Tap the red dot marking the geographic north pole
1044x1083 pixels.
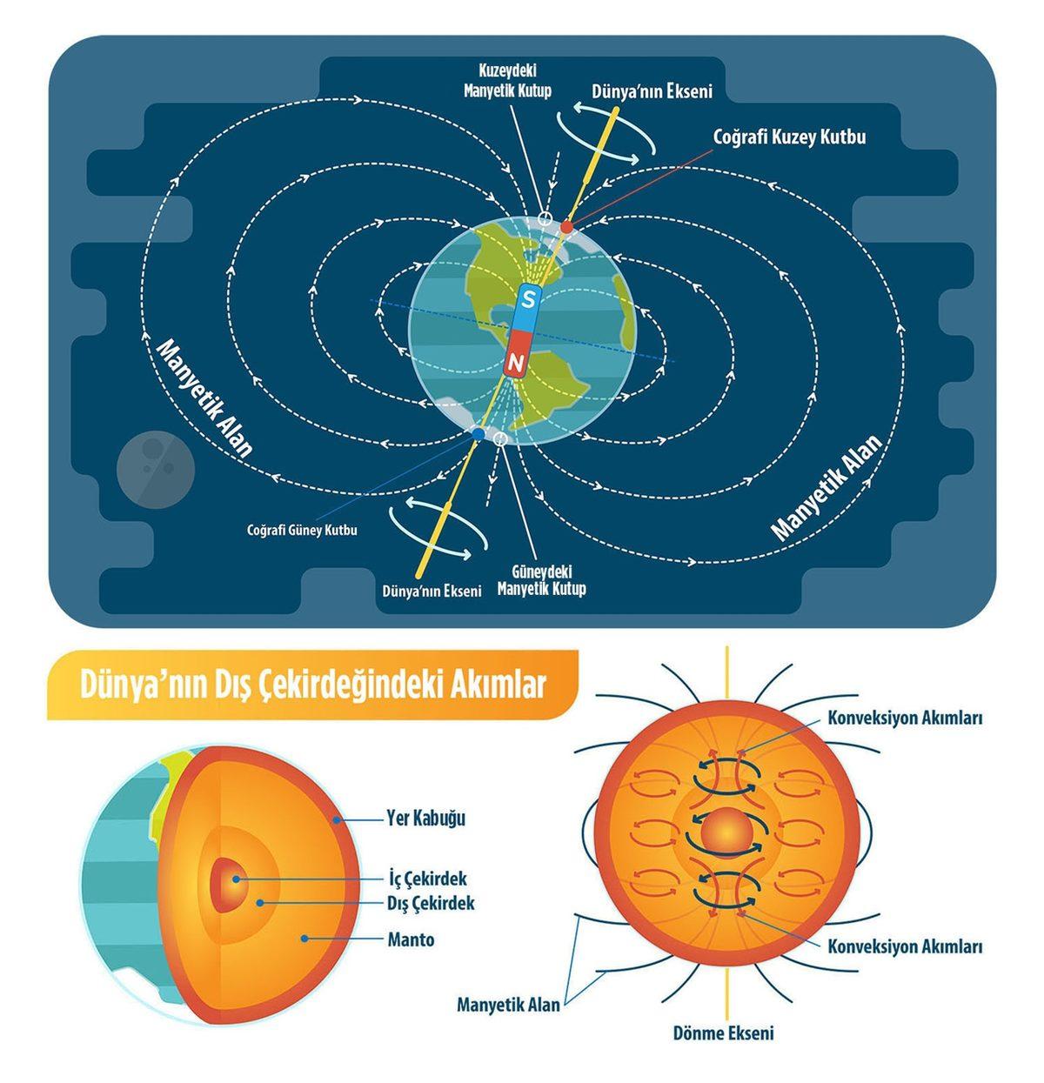coord(566,227)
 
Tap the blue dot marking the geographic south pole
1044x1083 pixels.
coord(478,433)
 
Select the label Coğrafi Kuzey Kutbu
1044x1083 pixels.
coord(789,137)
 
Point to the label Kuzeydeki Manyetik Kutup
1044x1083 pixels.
coord(515,79)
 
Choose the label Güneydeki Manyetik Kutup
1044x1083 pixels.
coord(540,581)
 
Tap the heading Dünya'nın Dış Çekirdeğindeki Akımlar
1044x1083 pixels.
coord(312,685)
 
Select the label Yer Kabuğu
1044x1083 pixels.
coord(426,819)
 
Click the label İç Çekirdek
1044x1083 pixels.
coord(428,879)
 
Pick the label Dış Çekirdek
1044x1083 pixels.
coord(431,903)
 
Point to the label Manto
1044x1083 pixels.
coord(411,939)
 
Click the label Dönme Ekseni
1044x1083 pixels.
coord(723,1033)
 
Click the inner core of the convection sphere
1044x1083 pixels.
coord(725,833)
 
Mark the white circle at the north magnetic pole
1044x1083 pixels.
coord(544,217)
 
